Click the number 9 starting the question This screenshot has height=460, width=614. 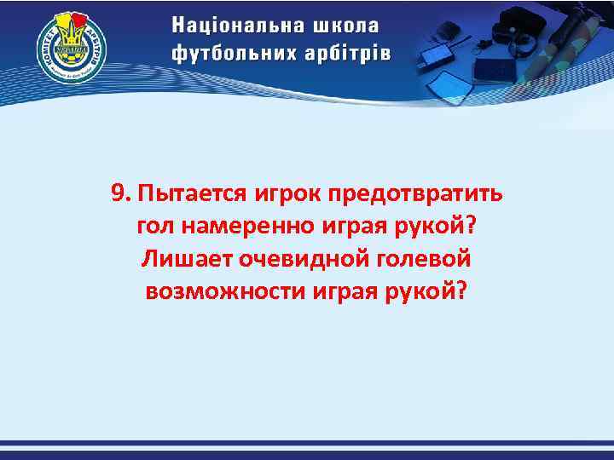tap(119, 192)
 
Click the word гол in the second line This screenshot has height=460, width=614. tap(154, 225)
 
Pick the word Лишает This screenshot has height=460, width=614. tap(178, 258)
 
